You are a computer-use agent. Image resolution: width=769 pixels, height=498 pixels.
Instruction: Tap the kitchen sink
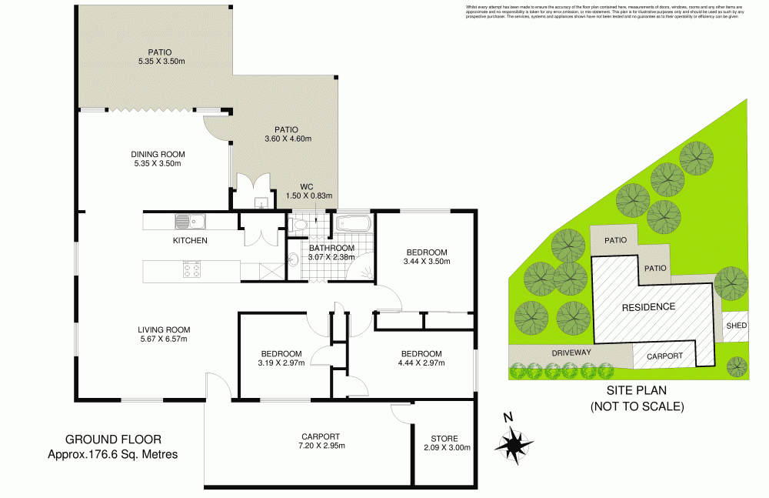(189, 222)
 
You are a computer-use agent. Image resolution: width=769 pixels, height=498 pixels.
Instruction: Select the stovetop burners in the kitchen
(191, 269)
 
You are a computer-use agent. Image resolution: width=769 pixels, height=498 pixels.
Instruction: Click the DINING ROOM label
(158, 153)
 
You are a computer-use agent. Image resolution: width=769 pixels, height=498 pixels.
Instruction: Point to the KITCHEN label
(190, 241)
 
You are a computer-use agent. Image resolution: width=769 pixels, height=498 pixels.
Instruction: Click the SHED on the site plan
(736, 326)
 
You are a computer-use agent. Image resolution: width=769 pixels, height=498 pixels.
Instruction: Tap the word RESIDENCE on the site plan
(648, 306)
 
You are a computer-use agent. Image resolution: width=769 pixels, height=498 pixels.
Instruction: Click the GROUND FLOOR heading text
(113, 440)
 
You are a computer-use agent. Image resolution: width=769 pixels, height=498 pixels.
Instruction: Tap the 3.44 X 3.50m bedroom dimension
(426, 262)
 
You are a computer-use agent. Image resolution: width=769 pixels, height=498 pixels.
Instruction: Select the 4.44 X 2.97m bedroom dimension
(416, 363)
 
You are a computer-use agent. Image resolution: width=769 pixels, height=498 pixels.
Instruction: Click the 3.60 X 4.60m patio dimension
(287, 139)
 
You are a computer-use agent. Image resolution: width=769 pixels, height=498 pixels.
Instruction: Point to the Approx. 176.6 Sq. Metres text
(113, 454)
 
